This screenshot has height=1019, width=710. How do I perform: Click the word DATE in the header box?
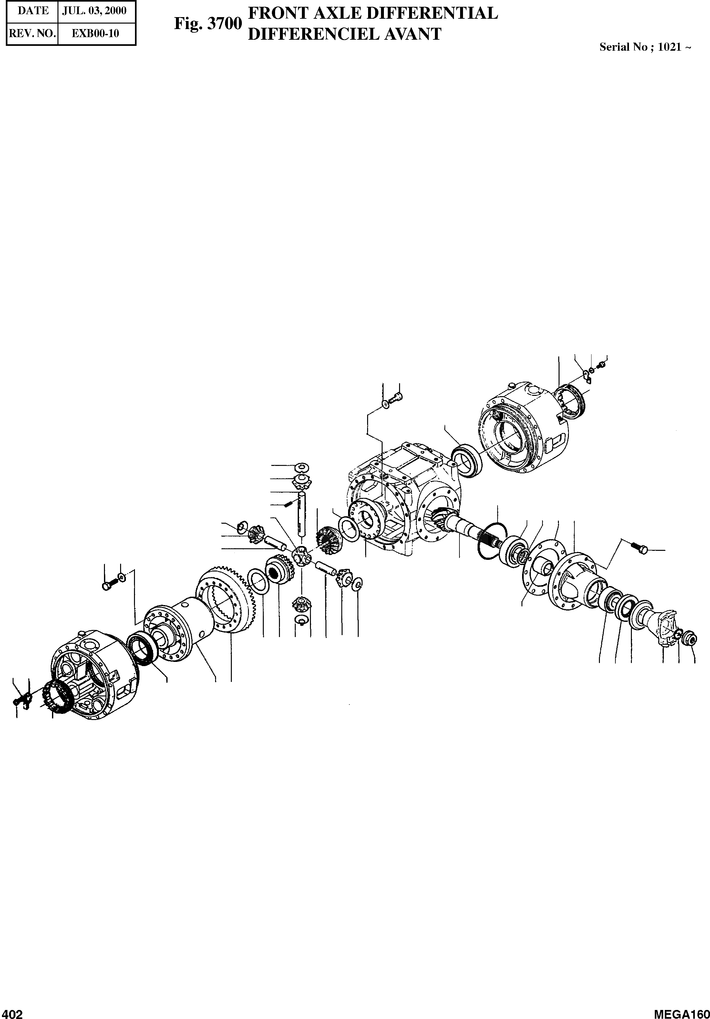pos(33,11)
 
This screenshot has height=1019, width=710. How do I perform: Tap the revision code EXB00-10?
pos(96,34)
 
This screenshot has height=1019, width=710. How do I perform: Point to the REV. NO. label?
pos(32,34)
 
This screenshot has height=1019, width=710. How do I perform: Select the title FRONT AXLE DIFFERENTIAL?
pos(373,13)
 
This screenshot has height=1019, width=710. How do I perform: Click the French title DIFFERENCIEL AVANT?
pos(345,34)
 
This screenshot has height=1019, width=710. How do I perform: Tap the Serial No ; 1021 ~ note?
pos(645,47)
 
